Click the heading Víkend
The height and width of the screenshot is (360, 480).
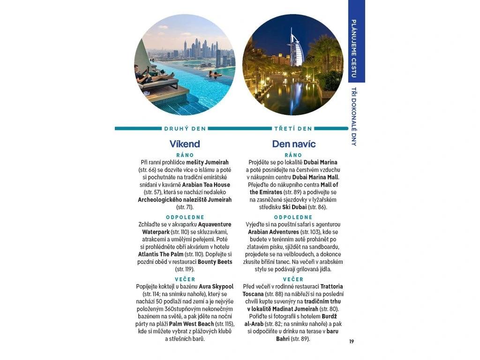point(185,144)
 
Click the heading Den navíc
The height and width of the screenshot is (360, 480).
point(293,144)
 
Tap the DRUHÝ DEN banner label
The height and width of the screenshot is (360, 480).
point(185,128)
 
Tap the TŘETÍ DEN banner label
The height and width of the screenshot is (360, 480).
point(293,128)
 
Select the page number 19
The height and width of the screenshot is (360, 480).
point(351,341)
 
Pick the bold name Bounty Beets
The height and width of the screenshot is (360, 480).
point(215,262)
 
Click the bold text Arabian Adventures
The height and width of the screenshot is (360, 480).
point(273,232)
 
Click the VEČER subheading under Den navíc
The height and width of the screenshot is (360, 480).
point(293,279)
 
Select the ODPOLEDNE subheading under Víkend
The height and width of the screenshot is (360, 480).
point(185,217)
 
